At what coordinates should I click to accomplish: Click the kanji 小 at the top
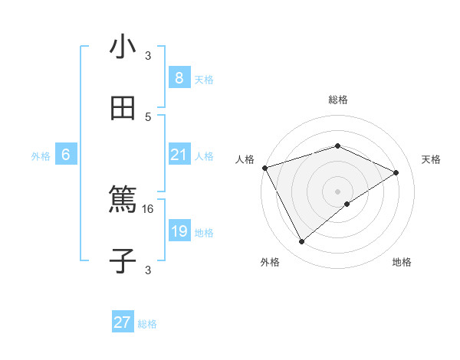coord(123,47)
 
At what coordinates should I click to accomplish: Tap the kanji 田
coord(123,109)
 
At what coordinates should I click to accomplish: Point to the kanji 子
coord(123,261)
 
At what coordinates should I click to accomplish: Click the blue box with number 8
coord(179,77)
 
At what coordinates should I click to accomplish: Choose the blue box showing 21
coord(179,155)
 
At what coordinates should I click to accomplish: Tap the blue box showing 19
coord(179,231)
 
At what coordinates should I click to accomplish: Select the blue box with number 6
coord(66,155)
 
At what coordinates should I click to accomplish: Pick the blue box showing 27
coord(123,322)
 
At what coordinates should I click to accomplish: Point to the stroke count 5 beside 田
coord(148,116)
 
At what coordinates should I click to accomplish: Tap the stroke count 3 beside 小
coord(148,55)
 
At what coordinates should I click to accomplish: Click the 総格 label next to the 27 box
coord(147,324)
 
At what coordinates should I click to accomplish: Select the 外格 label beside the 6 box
coord(41,155)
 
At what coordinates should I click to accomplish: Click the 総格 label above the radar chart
coord(337,100)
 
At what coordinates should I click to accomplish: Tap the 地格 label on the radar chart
coord(402,263)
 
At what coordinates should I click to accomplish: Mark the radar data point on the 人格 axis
coord(264,167)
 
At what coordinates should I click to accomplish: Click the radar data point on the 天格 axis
coord(396,172)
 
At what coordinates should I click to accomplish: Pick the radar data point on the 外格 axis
coord(301,242)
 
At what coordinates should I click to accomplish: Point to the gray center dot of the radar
coord(337,191)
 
